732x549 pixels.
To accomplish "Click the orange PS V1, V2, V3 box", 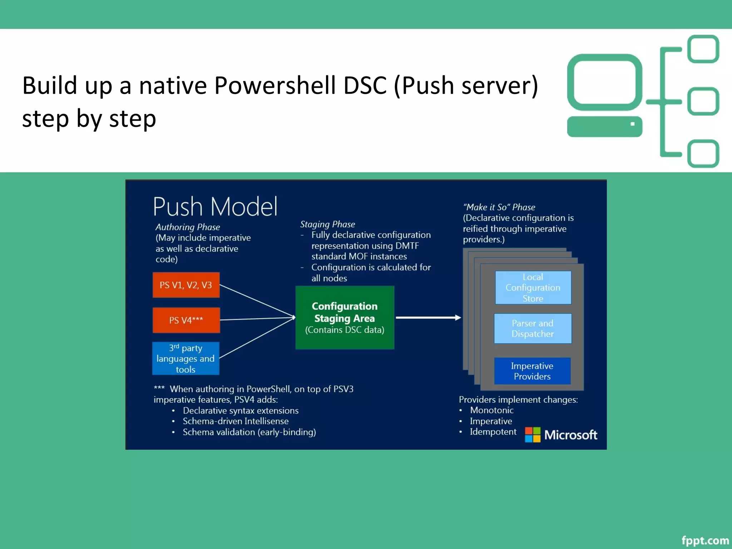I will (186, 285).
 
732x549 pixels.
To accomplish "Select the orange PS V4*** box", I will (186, 320).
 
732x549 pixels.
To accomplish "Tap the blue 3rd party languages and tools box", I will (186, 358).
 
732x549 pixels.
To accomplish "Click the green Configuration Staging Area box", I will (345, 317).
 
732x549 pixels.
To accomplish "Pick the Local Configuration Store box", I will (533, 287).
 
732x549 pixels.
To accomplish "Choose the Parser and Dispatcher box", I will (533, 328).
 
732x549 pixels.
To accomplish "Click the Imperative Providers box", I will (532, 371).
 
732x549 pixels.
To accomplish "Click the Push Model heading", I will (215, 207).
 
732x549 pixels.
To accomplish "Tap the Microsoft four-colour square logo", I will (533, 435).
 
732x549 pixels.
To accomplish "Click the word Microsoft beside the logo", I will (570, 435).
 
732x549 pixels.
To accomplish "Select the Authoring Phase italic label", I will (188, 227).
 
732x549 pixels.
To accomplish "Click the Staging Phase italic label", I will (327, 224).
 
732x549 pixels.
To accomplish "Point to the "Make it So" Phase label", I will (499, 207).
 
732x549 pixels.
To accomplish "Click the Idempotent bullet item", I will (493, 432).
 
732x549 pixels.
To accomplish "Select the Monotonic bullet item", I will (491, 410).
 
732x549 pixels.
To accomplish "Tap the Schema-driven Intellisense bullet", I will (236, 421).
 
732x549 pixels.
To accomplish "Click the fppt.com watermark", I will (705, 540).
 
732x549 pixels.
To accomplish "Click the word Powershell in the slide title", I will (274, 86).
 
